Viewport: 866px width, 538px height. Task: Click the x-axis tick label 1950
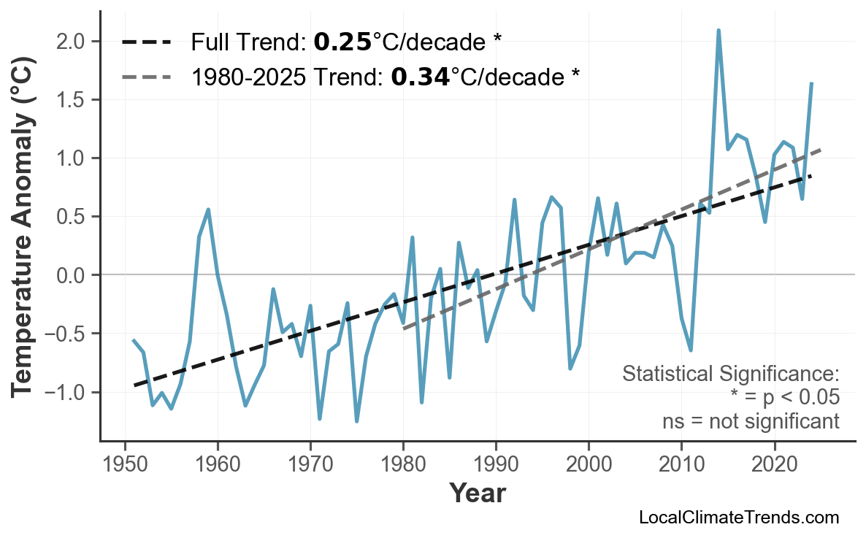pyautogui.click(x=125, y=464)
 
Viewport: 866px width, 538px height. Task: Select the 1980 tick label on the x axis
pyautogui.click(x=403, y=464)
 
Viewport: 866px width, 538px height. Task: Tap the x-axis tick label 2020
pyautogui.click(x=774, y=464)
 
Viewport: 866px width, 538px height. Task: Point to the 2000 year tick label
pyautogui.click(x=589, y=464)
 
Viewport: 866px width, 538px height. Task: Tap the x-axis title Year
pyautogui.click(x=477, y=494)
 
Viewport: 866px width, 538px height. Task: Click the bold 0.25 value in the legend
pyautogui.click(x=342, y=42)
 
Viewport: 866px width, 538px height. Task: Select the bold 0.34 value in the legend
pyautogui.click(x=420, y=77)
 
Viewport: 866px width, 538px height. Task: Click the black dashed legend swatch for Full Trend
pyautogui.click(x=146, y=42)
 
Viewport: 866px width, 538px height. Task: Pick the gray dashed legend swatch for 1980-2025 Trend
pyautogui.click(x=146, y=77)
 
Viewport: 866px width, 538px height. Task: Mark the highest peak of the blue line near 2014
pyautogui.click(x=719, y=31)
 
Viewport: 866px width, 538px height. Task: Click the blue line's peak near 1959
pyautogui.click(x=209, y=210)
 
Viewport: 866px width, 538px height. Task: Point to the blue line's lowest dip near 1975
pyautogui.click(x=357, y=421)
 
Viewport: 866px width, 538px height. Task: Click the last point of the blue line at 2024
pyautogui.click(x=811, y=83)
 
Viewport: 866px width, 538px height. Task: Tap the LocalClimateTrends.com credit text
pyautogui.click(x=738, y=518)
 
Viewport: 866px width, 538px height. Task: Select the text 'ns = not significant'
pyautogui.click(x=751, y=421)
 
